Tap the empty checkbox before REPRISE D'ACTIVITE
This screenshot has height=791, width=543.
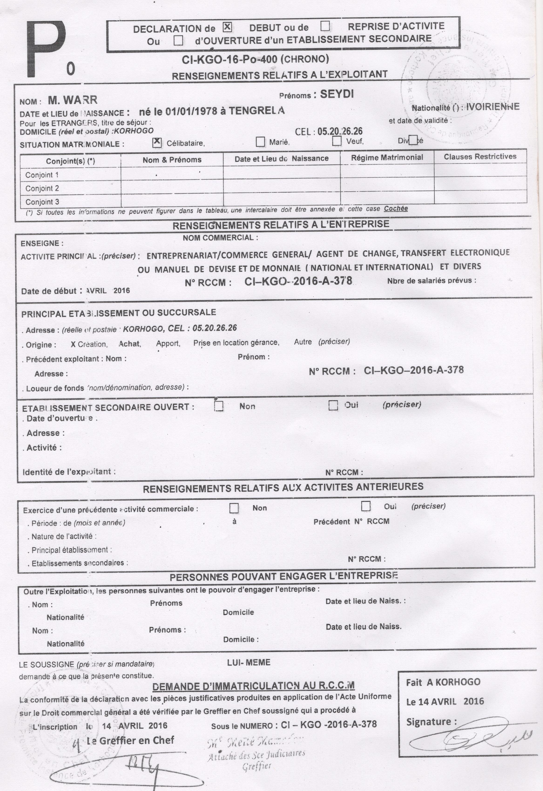click(x=325, y=26)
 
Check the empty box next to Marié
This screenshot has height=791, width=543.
click(x=260, y=141)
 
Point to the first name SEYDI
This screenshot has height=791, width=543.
click(x=337, y=94)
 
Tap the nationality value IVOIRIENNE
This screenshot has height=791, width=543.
click(x=493, y=107)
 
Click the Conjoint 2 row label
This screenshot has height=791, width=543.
click(x=42, y=188)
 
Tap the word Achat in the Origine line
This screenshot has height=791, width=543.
click(x=130, y=344)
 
